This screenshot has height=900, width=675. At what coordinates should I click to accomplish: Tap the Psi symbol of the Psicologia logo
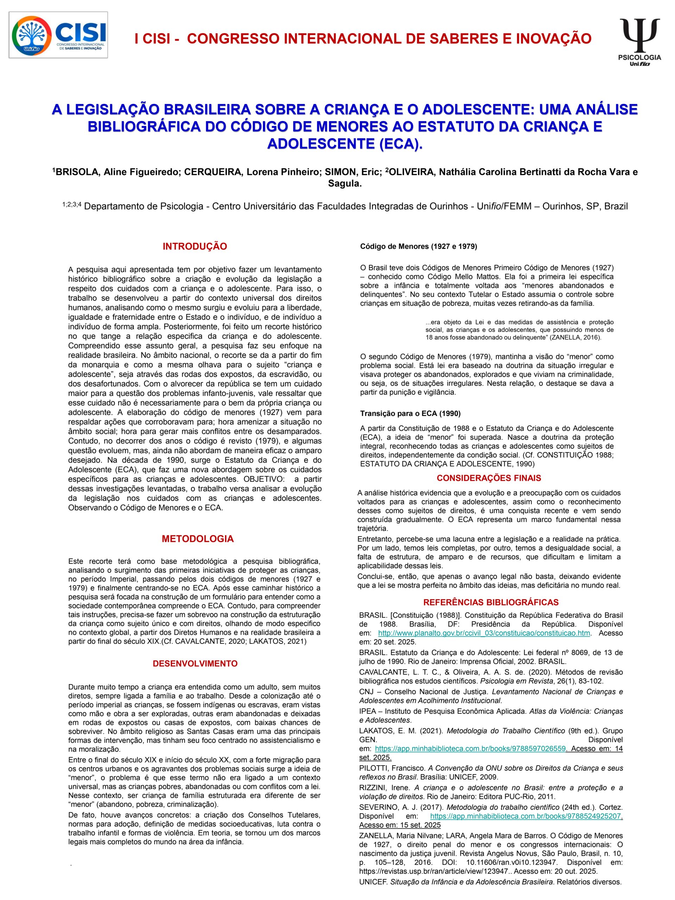point(639,34)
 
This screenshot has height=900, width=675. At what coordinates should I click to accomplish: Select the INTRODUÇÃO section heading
point(194,246)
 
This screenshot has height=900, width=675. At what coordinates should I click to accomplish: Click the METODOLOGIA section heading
point(198,539)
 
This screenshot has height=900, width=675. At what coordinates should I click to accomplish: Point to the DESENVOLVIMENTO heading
point(195,664)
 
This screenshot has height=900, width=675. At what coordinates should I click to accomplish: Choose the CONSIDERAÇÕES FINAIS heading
point(489,478)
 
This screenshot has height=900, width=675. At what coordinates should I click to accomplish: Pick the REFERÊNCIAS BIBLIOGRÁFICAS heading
point(491,602)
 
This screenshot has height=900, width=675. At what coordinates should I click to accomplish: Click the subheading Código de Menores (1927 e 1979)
point(419,246)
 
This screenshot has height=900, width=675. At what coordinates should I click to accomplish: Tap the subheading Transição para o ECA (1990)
point(410,413)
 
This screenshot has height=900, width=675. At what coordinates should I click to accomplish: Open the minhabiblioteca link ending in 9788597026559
point(470,748)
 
